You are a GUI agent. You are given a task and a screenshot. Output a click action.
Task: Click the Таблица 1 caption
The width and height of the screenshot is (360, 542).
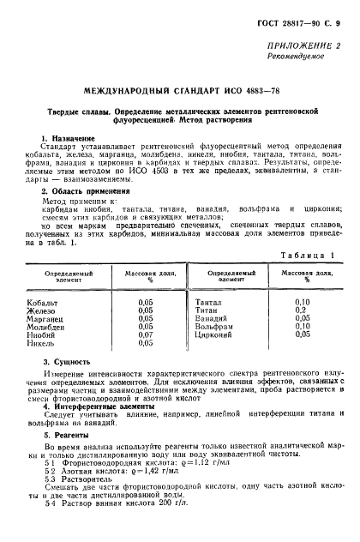[309, 256]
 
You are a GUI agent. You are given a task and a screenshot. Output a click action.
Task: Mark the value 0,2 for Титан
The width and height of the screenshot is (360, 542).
[301, 310]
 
